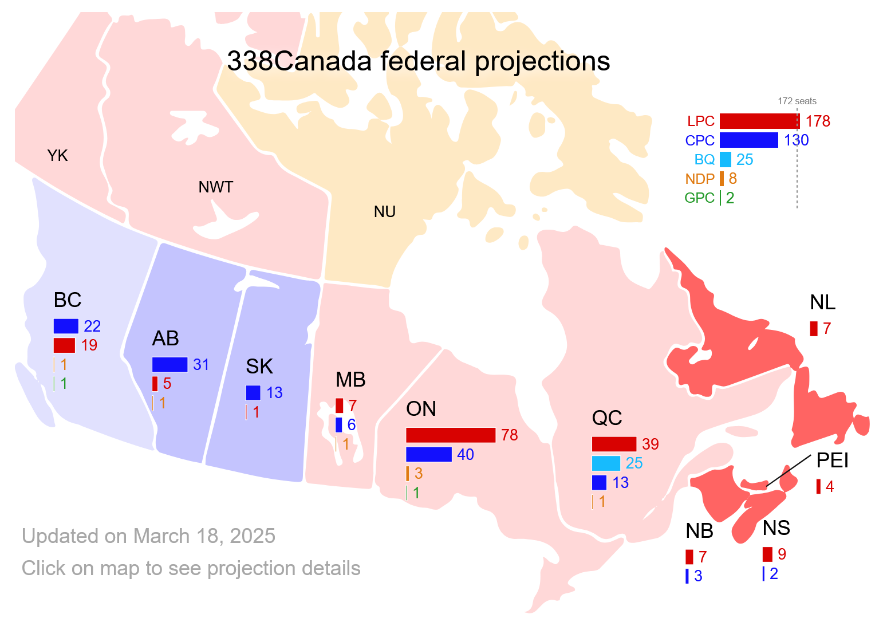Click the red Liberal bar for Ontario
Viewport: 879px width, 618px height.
451,435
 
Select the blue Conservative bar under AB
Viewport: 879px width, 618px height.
170,364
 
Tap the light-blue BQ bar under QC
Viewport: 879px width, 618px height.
606,463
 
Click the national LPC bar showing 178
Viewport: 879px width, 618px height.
759,121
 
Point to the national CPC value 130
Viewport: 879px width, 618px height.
796,140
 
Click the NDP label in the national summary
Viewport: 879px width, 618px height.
700,179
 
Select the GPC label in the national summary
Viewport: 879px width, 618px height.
699,198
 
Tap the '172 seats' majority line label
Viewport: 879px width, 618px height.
797,101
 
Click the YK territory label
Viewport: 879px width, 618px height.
57,156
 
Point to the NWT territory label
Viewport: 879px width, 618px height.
216,187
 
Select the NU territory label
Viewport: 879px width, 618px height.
385,212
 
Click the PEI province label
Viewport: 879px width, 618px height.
832,460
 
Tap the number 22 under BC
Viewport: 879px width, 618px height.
92,326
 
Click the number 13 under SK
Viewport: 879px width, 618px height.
274,393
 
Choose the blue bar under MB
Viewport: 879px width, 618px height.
339,425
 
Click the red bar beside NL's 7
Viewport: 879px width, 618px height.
814,329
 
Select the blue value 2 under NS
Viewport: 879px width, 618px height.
774,574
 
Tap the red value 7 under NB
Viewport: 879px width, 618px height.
703,557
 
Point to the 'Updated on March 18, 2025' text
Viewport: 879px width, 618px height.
148,536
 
